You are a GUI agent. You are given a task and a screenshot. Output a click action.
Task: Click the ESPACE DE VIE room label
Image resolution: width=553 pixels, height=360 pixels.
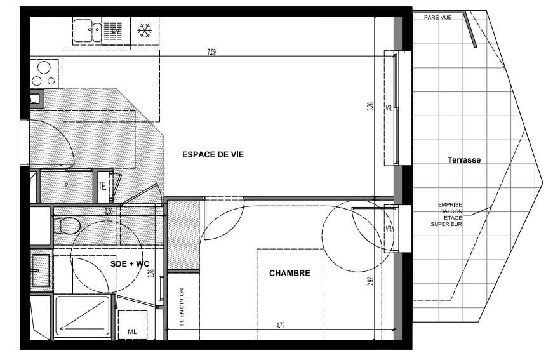pos(213,154)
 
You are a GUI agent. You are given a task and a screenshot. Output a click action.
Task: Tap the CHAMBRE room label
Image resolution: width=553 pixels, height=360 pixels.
pos(290,273)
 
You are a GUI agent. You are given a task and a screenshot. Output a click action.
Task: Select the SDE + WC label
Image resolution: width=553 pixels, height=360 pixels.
pos(130,263)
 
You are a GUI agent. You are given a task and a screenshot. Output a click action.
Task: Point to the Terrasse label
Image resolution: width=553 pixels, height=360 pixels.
pos(463,160)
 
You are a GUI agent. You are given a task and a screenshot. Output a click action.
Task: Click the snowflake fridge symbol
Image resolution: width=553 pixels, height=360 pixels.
pos(145,31)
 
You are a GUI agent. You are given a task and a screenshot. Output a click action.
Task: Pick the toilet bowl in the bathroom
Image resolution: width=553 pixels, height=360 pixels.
pos(67,225)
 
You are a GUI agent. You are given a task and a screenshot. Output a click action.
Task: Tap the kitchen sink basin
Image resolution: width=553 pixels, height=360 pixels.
pos(83,30)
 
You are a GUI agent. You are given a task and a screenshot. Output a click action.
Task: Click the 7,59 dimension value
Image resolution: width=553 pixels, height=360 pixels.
pos(211,52)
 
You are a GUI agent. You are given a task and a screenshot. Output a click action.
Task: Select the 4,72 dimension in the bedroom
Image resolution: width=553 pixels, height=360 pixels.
pos(281,326)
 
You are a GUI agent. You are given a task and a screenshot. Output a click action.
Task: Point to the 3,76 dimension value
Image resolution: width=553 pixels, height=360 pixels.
pos(370,107)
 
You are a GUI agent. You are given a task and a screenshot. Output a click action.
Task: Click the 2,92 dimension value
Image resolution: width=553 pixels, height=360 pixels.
pos(371,281)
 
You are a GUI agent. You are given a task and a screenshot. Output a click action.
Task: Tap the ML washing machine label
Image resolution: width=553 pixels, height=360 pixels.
pos(132,332)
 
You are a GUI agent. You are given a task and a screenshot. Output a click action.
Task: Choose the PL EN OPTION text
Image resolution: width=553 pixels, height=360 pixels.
pos(182,307)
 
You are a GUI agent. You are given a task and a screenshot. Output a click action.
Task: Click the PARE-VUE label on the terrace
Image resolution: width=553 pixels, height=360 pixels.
pos(437,17)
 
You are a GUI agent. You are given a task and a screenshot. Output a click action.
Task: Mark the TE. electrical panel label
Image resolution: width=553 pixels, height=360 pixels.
pos(102,187)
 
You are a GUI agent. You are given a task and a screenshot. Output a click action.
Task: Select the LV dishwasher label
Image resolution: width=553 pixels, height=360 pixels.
pos(116,30)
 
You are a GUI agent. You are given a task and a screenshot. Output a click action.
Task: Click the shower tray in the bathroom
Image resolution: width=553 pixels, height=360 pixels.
pos(83,316)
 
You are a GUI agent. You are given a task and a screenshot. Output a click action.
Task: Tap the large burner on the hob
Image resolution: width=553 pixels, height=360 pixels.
pos(44,67)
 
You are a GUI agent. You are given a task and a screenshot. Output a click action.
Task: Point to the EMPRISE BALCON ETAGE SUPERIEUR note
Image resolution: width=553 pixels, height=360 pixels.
pos(446,215)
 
